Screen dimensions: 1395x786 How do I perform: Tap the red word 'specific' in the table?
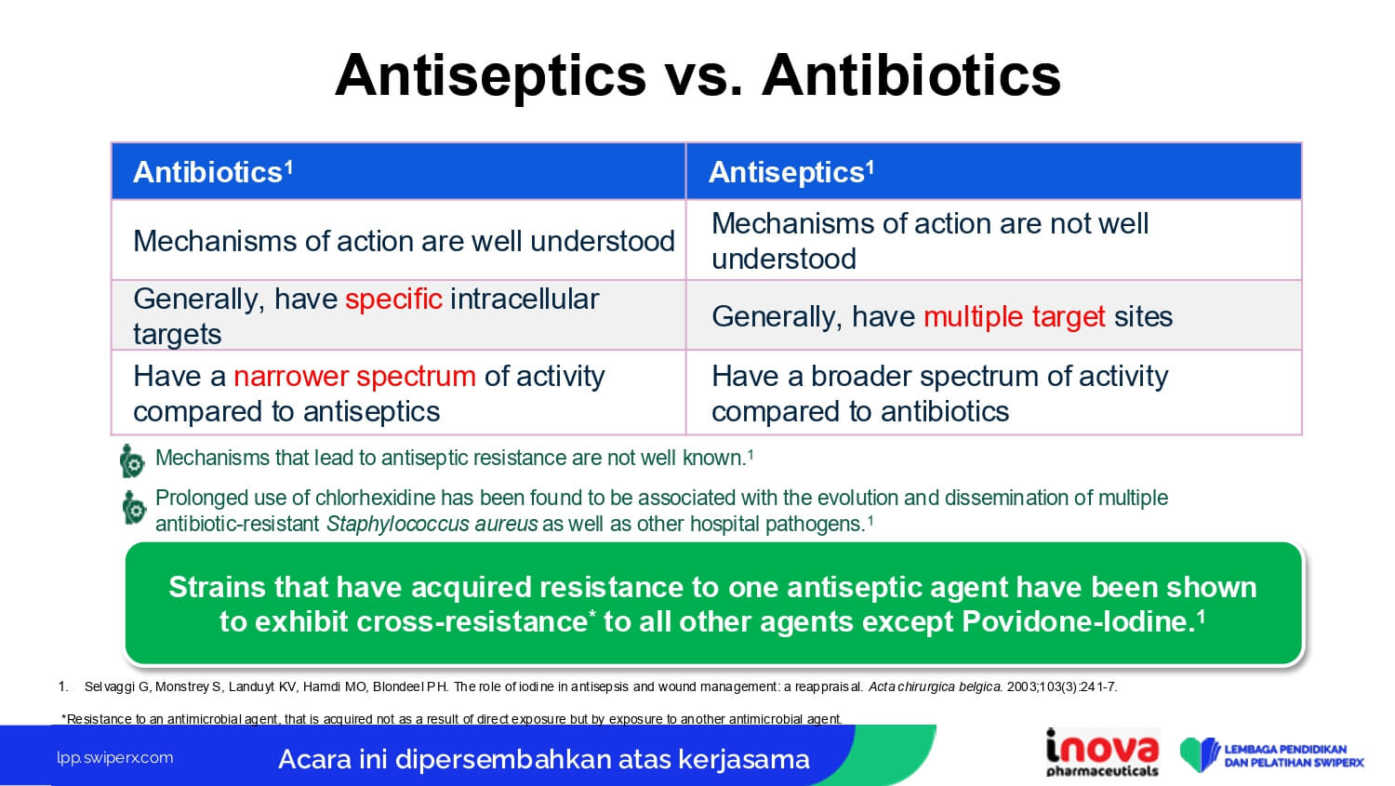coord(393,300)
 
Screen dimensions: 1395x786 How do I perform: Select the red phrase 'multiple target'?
coord(1015,317)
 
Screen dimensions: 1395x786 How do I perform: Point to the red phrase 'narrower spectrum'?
coord(354,377)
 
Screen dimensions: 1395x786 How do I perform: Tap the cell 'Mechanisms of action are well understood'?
coord(399,240)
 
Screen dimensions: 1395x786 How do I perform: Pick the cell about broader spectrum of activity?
coord(994,393)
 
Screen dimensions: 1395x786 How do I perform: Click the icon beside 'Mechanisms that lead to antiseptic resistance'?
coord(132,460)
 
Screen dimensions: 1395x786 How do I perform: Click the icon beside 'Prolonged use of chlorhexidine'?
coord(134,507)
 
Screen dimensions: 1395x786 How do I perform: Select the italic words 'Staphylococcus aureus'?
coord(432,525)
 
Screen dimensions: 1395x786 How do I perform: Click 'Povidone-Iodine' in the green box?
coord(1074,621)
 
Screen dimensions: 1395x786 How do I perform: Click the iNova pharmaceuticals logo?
coord(1102,753)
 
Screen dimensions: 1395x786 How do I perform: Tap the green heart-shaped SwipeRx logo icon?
coord(1200,754)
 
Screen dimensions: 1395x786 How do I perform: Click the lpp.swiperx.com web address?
coord(115,758)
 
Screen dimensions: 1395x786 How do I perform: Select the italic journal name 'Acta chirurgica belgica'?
coord(935,687)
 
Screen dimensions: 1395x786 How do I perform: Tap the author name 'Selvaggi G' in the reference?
coord(118,687)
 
